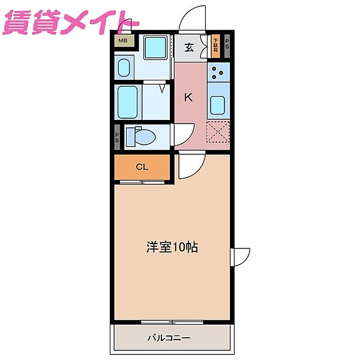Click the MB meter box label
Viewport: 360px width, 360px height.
(122, 41)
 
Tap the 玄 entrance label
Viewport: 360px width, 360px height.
(189, 48)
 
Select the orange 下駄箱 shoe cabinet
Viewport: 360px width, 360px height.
(215, 47)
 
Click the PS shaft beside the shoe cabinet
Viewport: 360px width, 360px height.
(227, 47)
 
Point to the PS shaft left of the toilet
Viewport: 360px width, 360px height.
(118, 137)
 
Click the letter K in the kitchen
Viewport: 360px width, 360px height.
(188, 97)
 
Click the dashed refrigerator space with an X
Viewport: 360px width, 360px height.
(218, 132)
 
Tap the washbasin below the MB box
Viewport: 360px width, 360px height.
(125, 67)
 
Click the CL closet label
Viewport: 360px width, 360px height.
(142, 167)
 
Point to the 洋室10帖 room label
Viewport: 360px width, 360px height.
(172, 246)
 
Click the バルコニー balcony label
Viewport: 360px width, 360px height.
(169, 338)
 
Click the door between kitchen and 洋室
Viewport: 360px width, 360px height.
(191, 166)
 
